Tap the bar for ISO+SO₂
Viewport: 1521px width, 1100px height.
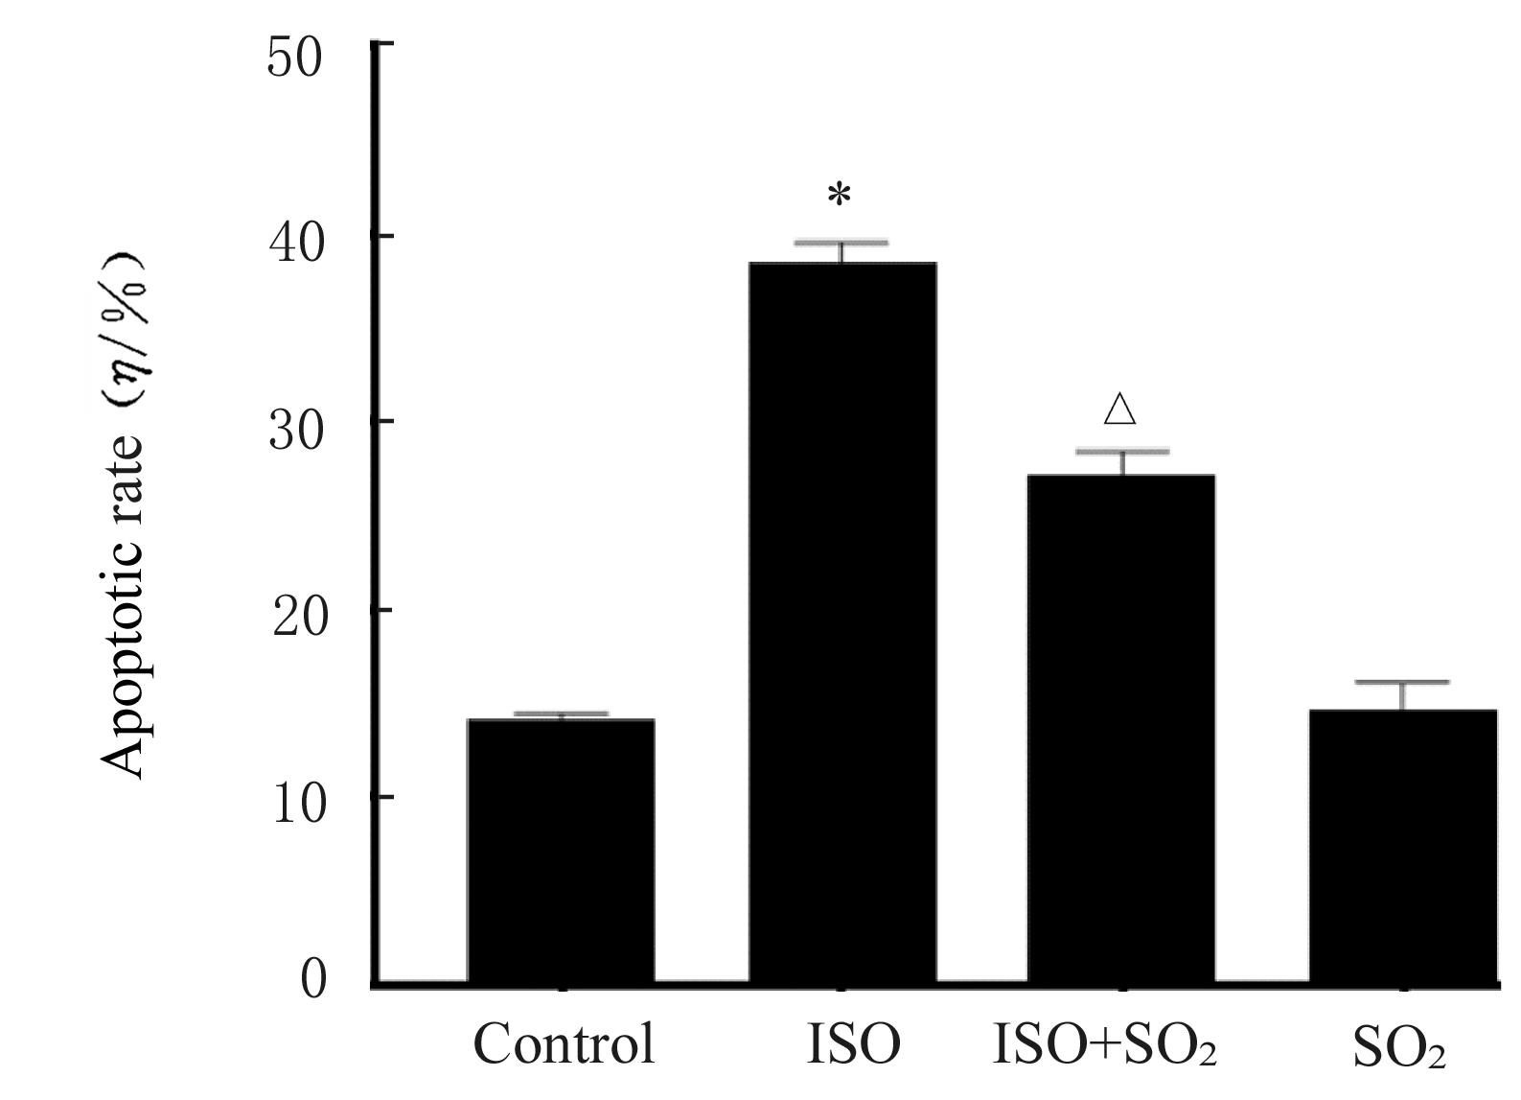1120,728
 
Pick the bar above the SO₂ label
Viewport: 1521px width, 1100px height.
1402,845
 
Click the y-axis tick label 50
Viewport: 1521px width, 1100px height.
295,59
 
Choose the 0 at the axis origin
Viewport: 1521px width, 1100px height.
314,979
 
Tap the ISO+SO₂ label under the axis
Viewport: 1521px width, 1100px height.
1104,1045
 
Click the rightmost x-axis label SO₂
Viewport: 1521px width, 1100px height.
1398,1048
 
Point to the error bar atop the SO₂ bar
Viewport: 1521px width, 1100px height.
1402,684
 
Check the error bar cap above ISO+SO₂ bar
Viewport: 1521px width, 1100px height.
1121,452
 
